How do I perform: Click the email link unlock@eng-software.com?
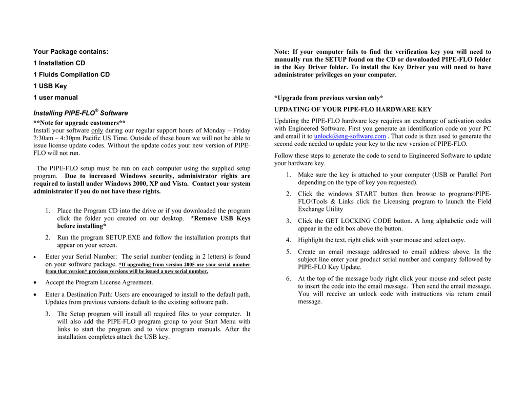tap(350, 137)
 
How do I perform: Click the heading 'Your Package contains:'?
tap(71, 52)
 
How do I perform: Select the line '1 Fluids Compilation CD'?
tap(71, 74)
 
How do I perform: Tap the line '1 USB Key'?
tap(50, 86)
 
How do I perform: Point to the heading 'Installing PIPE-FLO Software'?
tap(80, 113)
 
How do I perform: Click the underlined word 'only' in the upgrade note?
tap(97, 130)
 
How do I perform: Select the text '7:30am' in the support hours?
tap(44, 138)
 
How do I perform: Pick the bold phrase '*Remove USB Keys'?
tap(220, 218)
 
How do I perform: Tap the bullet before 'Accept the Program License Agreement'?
tap(34, 283)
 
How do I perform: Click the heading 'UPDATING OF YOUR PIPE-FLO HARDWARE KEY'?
tap(353, 109)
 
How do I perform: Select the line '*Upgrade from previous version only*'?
tap(329, 98)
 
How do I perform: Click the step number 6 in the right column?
tap(288, 279)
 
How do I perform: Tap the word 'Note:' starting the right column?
tap(282, 52)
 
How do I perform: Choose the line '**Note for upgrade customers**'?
tap(79, 123)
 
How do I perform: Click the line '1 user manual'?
tap(56, 98)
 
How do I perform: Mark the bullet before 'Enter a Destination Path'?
tap(34, 295)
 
